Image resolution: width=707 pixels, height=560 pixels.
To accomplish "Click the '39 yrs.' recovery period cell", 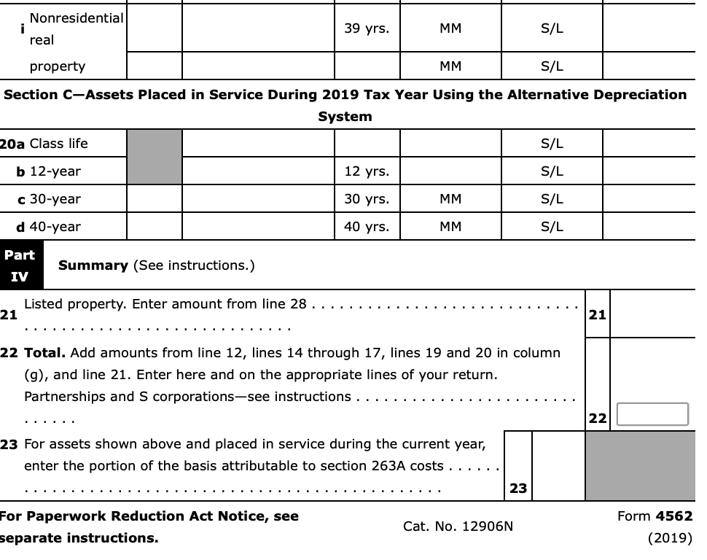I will [367, 29].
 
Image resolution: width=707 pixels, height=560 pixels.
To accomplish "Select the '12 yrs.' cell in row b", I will [367, 171].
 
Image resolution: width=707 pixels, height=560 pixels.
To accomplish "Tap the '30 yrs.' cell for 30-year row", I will [367, 199].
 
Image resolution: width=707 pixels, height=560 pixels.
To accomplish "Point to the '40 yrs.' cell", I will [367, 227].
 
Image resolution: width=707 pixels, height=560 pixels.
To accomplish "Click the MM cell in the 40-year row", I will [450, 227].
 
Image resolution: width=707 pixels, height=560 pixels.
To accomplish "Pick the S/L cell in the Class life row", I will [552, 144].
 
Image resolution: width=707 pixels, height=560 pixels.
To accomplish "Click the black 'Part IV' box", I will [20, 265].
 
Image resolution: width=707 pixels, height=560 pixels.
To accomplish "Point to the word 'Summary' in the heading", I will [93, 265].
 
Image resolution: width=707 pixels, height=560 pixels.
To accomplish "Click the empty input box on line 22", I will [652, 414].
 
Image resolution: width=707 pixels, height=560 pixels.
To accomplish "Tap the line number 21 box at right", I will [597, 314].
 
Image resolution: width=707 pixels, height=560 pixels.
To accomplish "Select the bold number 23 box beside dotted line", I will [518, 488].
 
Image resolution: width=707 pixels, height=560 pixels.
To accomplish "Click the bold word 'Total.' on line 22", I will [45, 353].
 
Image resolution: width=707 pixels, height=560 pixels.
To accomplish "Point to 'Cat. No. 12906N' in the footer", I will [458, 526].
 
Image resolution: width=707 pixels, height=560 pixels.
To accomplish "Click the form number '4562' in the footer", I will [673, 516].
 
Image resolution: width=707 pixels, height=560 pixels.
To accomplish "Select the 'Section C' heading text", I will [345, 95].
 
